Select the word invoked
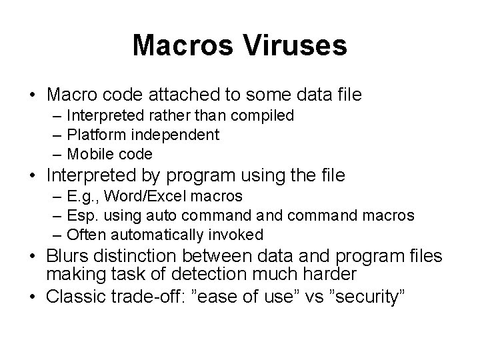click(239, 235)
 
